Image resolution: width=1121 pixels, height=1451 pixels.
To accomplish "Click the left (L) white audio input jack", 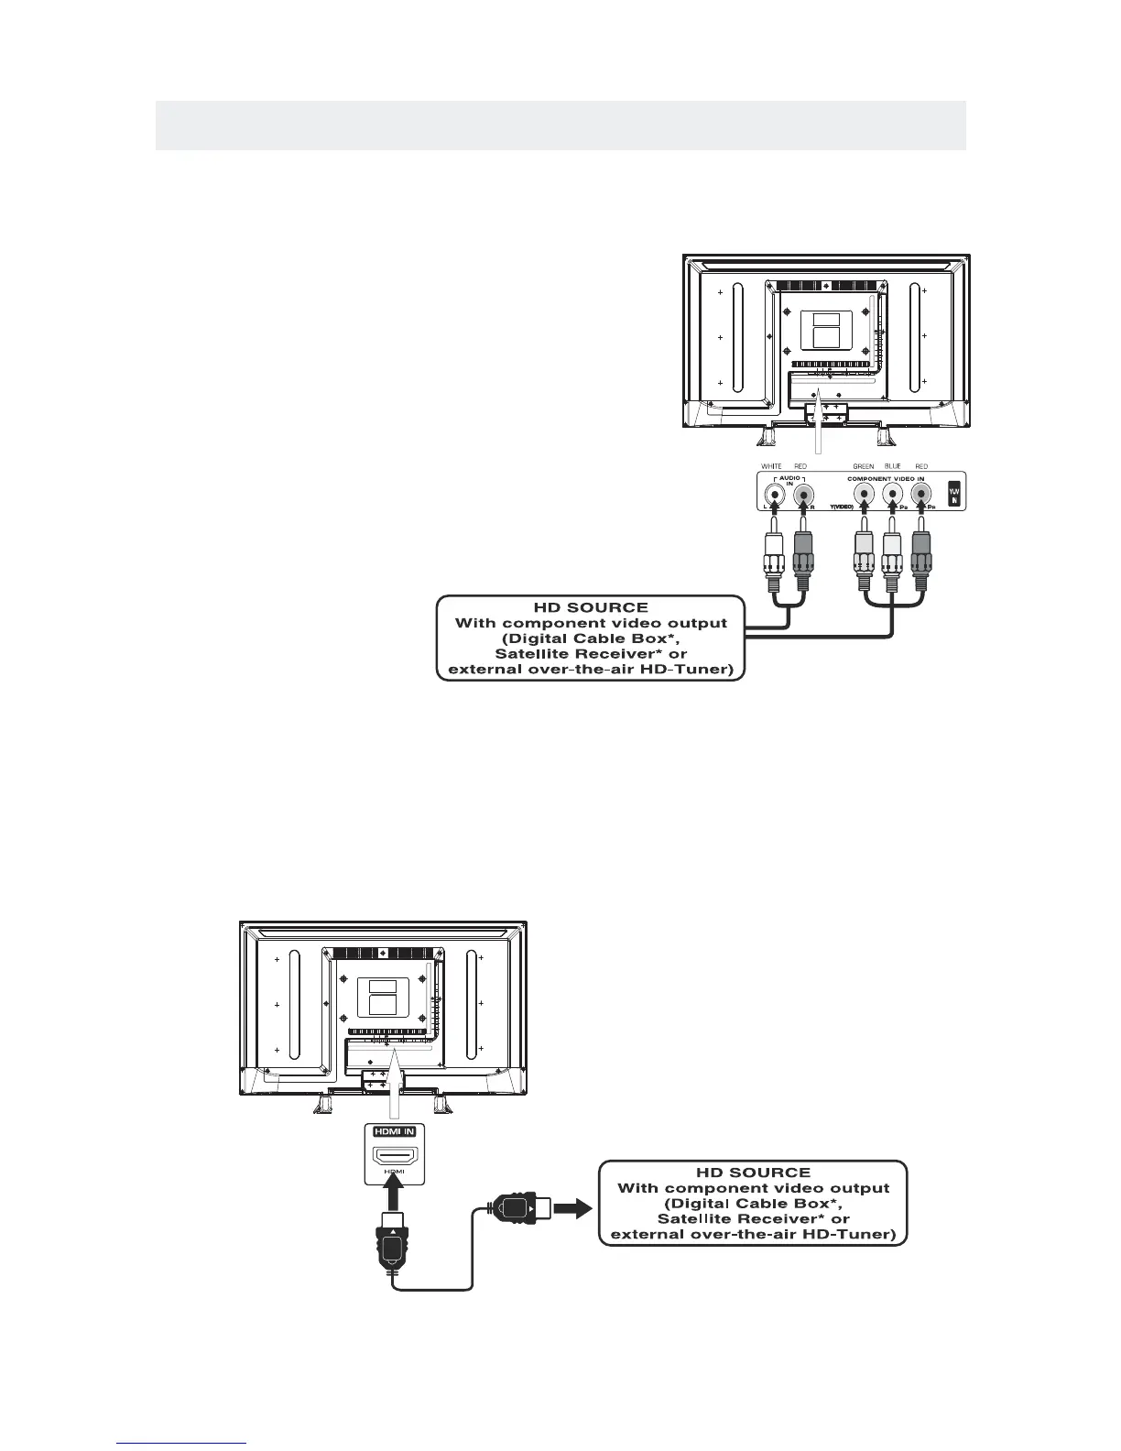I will (775, 495).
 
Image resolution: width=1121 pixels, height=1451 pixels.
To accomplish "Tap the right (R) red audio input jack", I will (803, 495).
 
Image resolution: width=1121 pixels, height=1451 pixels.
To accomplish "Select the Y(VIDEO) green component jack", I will (862, 495).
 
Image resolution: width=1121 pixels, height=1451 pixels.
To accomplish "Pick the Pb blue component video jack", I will (891, 495).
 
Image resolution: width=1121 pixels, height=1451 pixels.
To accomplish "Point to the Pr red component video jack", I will (920, 495).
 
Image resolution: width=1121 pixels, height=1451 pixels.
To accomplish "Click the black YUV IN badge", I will (954, 493).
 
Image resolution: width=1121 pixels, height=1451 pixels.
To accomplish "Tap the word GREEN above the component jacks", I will (863, 466).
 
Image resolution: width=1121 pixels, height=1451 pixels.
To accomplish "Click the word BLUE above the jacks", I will (892, 466).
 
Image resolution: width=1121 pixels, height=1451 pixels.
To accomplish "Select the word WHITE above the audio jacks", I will (771, 466).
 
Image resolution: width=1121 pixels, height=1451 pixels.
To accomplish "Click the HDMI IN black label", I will (394, 1131).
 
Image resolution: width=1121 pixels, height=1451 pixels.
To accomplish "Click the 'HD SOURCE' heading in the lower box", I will (752, 1172).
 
